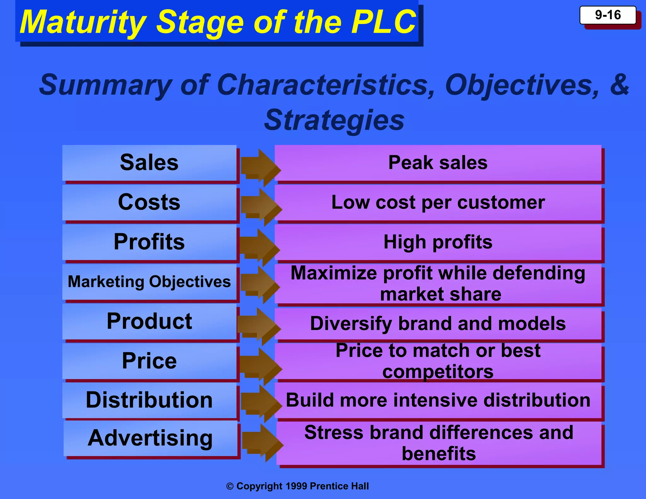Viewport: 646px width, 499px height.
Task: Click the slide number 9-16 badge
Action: [x=608, y=15]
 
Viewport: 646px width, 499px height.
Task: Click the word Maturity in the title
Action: [x=83, y=22]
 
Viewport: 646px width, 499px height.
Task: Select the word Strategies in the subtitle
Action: [x=334, y=120]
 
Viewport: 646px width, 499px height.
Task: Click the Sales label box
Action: [x=149, y=163]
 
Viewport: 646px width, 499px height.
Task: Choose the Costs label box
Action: [x=149, y=202]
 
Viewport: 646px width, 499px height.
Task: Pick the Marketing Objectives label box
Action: [x=149, y=282]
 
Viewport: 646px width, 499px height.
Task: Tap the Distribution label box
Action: [x=149, y=400]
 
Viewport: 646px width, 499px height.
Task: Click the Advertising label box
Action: [x=150, y=438]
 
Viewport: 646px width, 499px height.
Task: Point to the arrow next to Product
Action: [x=259, y=326]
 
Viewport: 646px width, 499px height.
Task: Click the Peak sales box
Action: [x=438, y=163]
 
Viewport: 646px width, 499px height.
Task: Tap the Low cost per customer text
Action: [x=438, y=203]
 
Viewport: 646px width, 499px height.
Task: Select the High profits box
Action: [x=438, y=242]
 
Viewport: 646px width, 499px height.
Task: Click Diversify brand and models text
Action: [x=438, y=324]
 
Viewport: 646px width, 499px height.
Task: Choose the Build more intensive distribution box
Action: [x=438, y=400]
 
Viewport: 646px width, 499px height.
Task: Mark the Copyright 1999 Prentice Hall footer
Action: [x=297, y=486]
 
